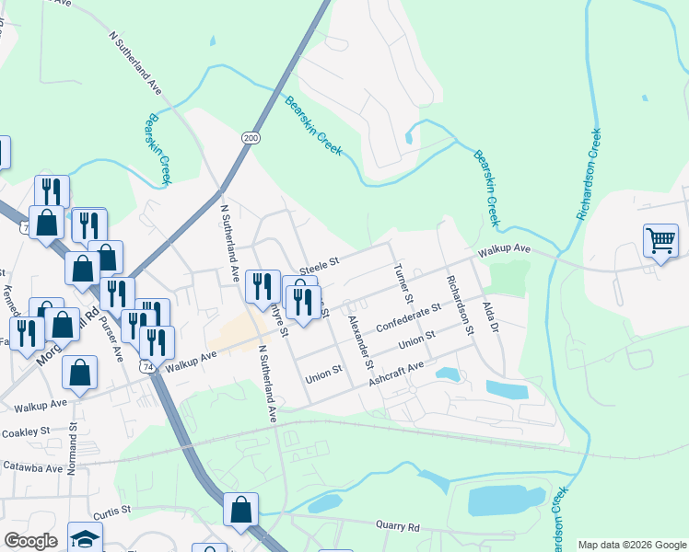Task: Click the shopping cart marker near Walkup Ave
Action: (x=660, y=242)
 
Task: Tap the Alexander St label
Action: (x=360, y=338)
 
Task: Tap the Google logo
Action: (x=30, y=541)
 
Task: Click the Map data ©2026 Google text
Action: (x=633, y=545)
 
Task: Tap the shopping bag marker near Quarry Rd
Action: (x=241, y=510)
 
